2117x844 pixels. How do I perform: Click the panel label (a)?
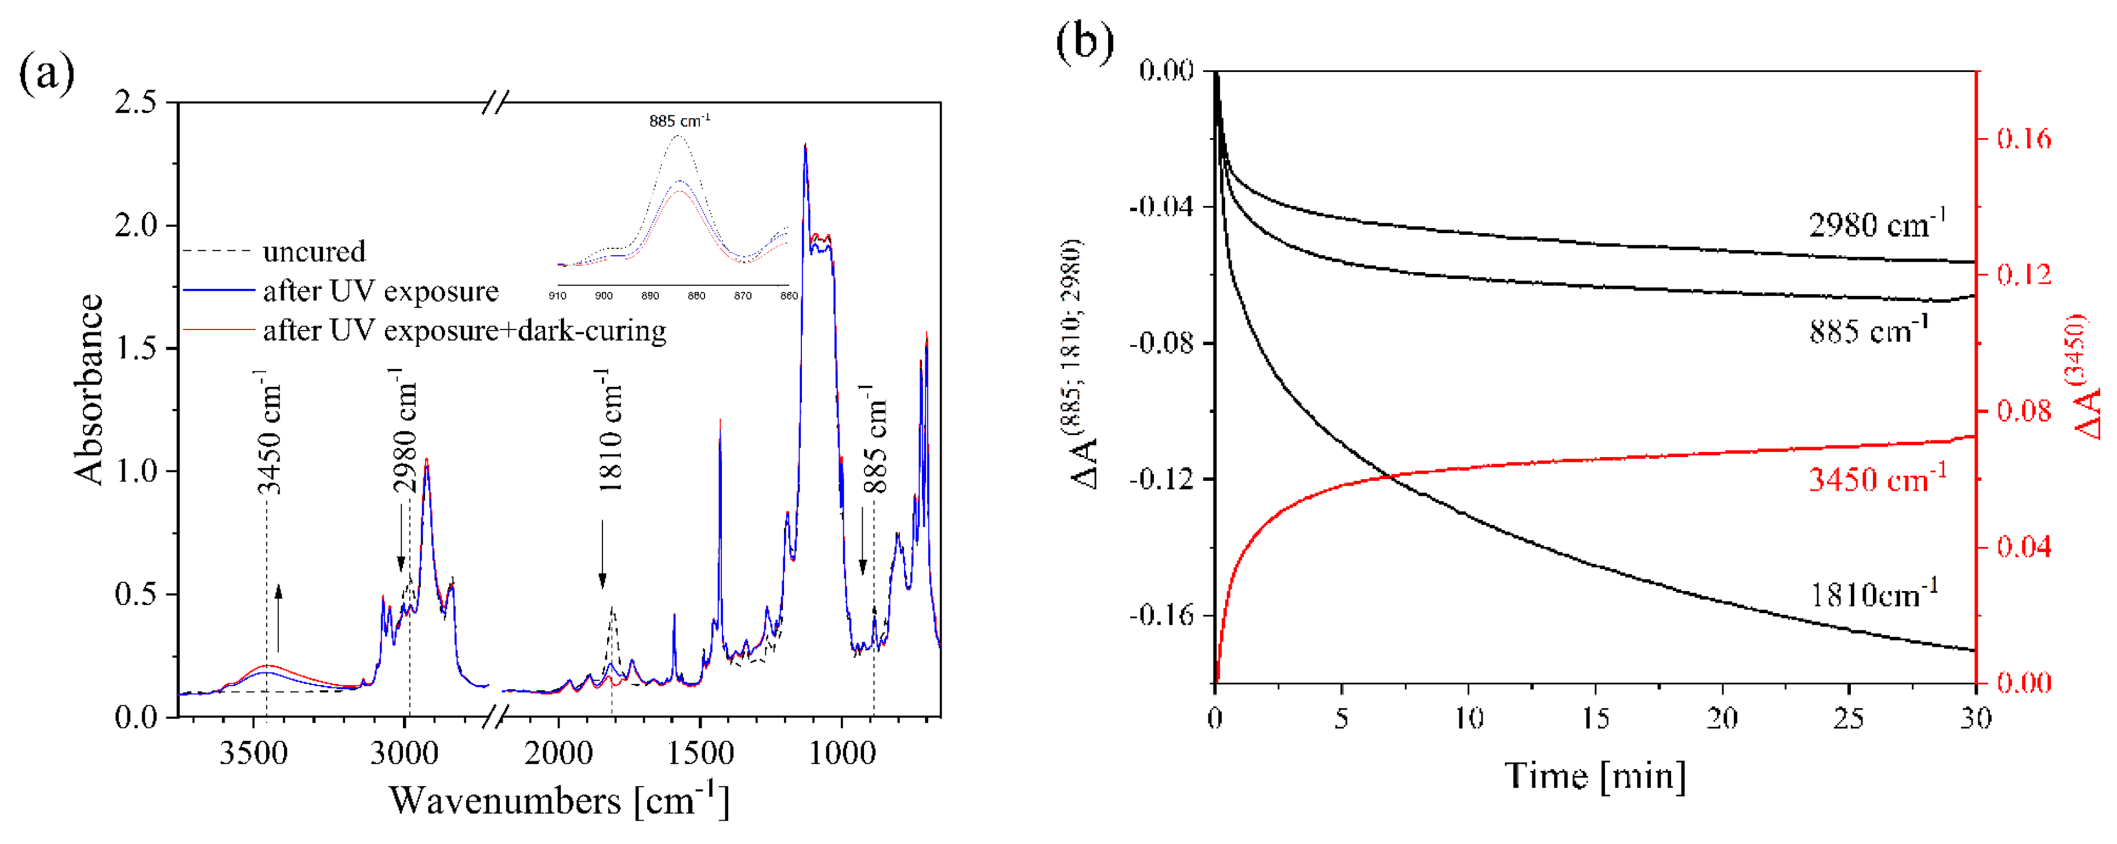tap(46, 74)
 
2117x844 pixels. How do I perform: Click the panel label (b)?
tap(1085, 41)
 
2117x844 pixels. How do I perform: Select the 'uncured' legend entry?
tap(314, 252)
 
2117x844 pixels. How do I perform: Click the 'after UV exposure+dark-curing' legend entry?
tap(464, 331)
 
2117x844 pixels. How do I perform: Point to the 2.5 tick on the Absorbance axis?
tap(136, 103)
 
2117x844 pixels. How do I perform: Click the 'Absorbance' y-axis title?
tap(89, 389)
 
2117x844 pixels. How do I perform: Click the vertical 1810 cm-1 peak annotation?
tap(610, 429)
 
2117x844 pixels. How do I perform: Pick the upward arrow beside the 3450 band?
tap(278, 618)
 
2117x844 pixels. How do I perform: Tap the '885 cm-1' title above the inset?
tap(679, 121)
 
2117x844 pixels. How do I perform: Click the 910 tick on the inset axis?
tap(557, 296)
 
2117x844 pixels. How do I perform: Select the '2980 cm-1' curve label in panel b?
tap(1877, 224)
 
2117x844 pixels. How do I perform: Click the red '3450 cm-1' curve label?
tap(1877, 479)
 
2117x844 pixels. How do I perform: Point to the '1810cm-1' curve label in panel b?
tap(1873, 593)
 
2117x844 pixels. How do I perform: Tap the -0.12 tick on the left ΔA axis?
tap(1161, 479)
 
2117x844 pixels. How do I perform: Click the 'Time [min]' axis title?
tap(1595, 776)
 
